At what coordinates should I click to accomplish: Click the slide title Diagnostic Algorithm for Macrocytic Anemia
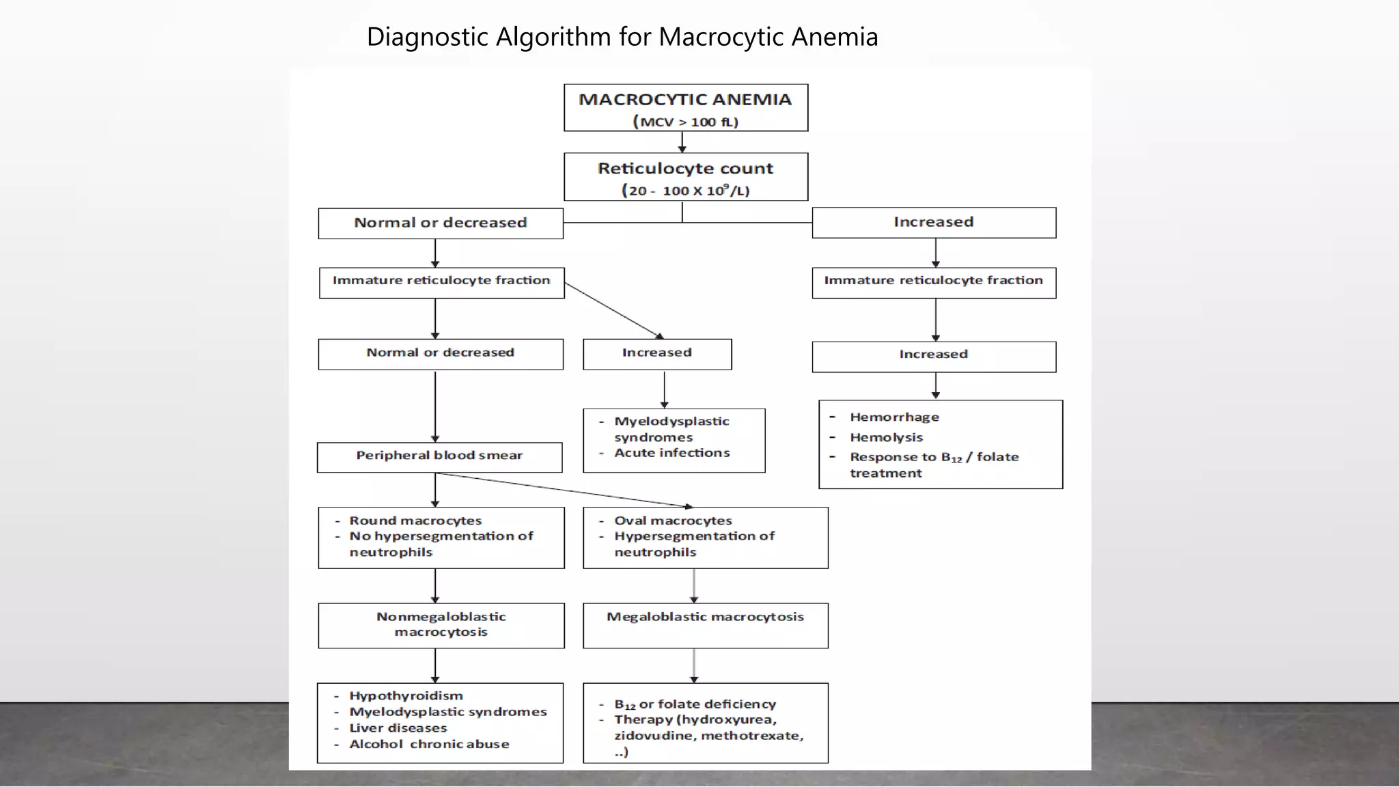pos(622,37)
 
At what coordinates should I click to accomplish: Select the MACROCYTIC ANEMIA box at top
pos(685,108)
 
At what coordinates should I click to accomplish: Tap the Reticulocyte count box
pos(685,177)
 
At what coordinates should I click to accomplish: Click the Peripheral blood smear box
pos(439,457)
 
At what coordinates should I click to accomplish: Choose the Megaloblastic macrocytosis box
pos(705,624)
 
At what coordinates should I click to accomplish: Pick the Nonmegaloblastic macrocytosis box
pos(441,625)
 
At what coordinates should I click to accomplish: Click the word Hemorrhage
pos(894,417)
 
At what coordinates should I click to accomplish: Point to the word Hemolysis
pos(886,438)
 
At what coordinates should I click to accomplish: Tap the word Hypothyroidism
pos(406,696)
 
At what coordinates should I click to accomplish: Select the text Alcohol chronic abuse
pos(429,745)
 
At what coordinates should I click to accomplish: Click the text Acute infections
pos(671,453)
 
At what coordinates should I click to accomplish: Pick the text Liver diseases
pos(398,728)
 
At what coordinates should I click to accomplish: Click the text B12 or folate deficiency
pos(695,704)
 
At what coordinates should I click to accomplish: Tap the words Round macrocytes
pos(415,521)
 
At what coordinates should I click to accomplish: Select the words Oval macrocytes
pos(673,521)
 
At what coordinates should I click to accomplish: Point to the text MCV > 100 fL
pos(685,122)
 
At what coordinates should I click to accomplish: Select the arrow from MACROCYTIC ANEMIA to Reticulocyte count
pos(682,142)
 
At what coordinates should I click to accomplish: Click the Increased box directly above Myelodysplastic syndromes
pos(656,354)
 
